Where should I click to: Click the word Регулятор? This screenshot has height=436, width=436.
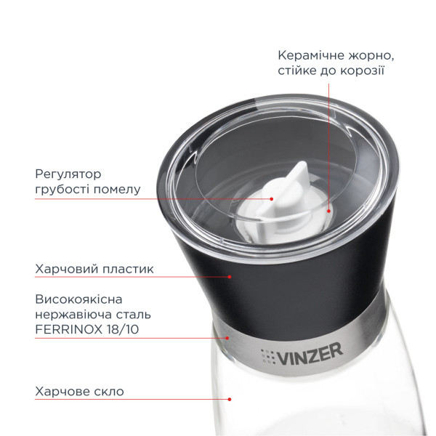coord(68,174)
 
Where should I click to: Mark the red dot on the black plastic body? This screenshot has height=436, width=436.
coord(230,276)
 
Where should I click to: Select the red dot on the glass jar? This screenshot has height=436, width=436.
coord(230,399)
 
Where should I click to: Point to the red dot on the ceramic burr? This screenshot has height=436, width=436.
coord(328,211)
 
